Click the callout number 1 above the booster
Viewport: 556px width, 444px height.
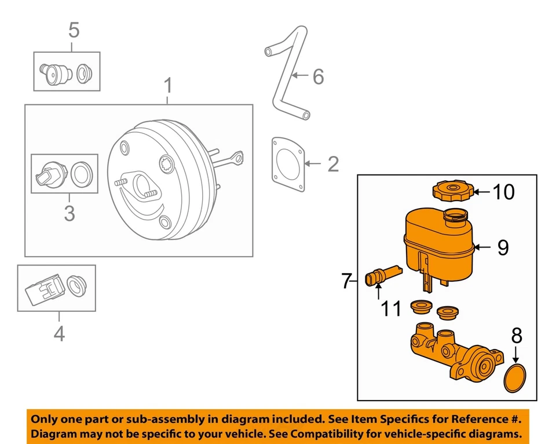[167, 87]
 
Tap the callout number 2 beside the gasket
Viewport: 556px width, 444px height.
[332, 164]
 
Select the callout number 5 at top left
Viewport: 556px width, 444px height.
[74, 30]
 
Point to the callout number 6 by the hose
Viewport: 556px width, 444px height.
[318, 76]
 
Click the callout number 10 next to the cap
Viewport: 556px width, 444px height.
[503, 191]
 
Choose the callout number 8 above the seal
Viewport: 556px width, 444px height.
[517, 336]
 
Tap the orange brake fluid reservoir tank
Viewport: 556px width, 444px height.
[437, 243]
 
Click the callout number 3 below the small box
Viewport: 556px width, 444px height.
[69, 213]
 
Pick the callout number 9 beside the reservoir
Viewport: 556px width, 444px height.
[503, 248]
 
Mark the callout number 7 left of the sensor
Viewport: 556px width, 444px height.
[346, 282]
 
